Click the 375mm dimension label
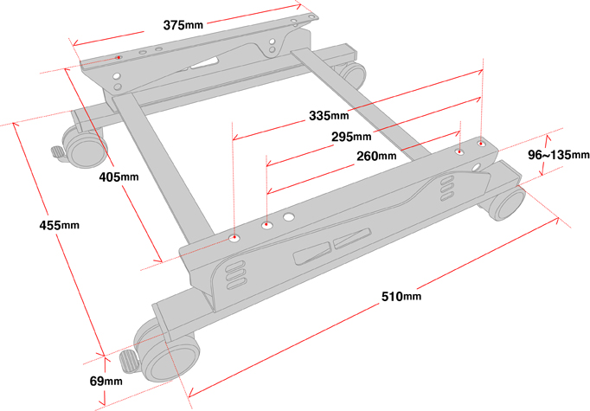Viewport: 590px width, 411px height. point(183,25)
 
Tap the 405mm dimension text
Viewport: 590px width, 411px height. point(119,177)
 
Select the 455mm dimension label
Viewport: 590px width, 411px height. point(60,225)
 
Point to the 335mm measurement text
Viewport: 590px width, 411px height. point(329,115)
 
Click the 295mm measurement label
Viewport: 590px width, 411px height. point(351,136)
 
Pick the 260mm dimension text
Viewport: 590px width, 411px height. point(376,156)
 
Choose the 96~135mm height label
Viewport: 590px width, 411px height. point(558,154)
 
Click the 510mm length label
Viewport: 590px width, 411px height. point(401,296)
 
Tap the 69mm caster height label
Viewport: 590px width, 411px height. point(106,381)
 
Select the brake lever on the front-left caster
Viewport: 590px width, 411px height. point(129,361)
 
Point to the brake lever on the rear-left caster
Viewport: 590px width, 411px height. point(58,152)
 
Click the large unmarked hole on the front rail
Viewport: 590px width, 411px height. point(289,217)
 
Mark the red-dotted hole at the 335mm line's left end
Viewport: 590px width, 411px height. point(234,237)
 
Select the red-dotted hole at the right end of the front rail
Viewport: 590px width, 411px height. point(481,144)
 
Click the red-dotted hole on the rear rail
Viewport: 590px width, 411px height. point(119,57)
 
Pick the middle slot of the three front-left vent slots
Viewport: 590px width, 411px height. point(236,273)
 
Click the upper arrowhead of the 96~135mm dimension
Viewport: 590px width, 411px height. point(548,138)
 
